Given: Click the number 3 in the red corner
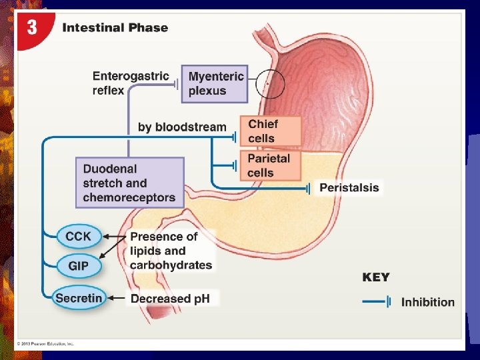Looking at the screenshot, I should tap(31, 29).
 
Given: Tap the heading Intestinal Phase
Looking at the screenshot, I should tap(115, 28).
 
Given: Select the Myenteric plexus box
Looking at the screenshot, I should tap(213, 83).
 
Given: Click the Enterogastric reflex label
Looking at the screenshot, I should tap(131, 83).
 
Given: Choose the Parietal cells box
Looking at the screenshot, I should tap(269, 165).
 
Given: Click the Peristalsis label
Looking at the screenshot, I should tap(349, 188).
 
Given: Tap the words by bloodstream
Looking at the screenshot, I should tap(182, 127).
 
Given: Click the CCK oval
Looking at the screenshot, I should tap(79, 236).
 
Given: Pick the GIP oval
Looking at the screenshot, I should tap(78, 266).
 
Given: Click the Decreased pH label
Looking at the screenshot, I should tap(171, 299).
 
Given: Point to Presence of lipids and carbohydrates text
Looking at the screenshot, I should tap(171, 251).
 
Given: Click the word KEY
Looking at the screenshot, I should tap(376, 277).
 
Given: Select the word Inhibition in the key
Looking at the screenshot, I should tap(427, 302).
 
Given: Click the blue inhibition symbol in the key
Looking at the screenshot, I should tap(376, 302).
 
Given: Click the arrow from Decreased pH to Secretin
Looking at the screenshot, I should tap(116, 298).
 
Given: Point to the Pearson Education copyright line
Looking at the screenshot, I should tap(47, 344).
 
